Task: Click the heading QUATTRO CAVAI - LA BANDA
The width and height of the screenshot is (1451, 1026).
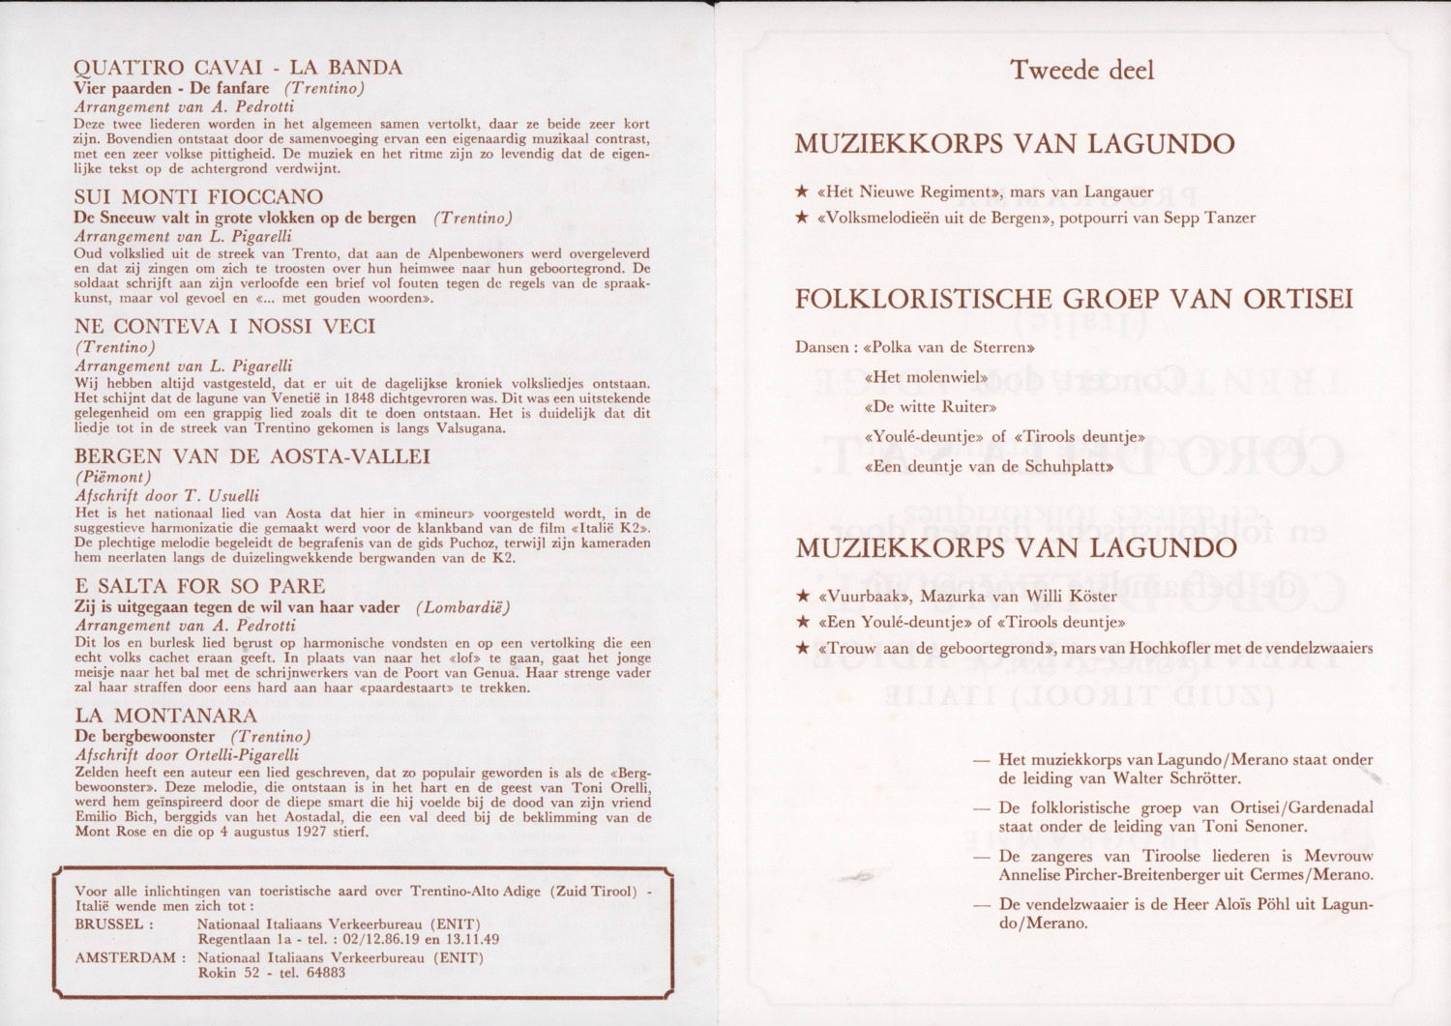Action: click(238, 68)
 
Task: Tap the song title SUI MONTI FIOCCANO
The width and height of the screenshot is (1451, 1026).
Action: click(198, 197)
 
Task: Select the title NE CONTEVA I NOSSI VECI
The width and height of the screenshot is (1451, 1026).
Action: click(224, 327)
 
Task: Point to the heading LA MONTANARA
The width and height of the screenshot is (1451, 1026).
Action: click(166, 716)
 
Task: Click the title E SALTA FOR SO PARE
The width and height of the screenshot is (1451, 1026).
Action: click(199, 586)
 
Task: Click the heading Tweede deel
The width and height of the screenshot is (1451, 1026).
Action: click(1081, 71)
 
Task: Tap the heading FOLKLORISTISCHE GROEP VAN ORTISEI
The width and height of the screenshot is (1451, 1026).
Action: click(1073, 300)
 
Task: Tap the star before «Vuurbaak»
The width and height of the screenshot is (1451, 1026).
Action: click(802, 597)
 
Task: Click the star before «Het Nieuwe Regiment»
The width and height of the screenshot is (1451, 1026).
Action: click(802, 192)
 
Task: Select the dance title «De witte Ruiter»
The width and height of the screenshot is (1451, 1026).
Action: click(930, 407)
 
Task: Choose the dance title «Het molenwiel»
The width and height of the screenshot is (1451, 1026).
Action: click(926, 377)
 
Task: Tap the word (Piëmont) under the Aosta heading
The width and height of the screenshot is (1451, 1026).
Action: click(113, 477)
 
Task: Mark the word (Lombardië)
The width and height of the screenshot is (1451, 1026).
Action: click(462, 607)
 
